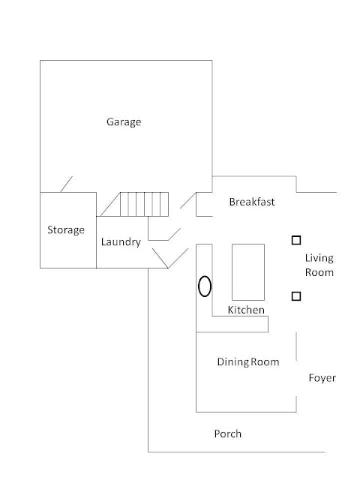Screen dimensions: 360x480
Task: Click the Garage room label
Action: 124,121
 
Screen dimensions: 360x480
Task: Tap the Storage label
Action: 66,230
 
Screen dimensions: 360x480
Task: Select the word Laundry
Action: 121,241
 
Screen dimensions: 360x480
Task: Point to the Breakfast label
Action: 252,202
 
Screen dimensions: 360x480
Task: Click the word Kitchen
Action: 246,310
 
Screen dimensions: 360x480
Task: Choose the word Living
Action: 319,258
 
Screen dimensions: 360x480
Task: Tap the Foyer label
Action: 322,378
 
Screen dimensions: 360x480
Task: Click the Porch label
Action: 228,433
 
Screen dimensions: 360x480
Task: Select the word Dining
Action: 233,362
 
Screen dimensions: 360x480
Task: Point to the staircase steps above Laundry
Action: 144,204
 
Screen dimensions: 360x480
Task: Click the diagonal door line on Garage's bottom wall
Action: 67,184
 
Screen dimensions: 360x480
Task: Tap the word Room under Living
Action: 319,272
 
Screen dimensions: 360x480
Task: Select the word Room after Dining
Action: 265,362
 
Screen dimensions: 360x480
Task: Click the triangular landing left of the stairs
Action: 110,205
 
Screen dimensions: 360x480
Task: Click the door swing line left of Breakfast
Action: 188,200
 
